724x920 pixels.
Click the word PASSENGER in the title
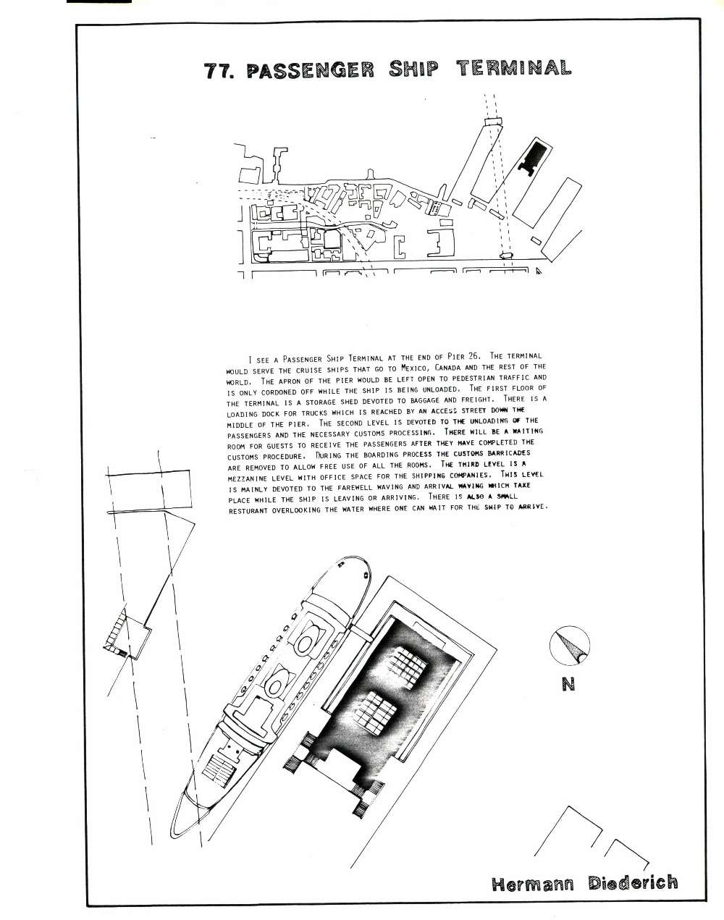311,69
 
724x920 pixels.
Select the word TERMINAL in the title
513,68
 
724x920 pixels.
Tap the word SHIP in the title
413,69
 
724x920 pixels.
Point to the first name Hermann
533,884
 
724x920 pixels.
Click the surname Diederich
633,882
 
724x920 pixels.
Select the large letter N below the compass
568,685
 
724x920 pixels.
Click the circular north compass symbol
569,646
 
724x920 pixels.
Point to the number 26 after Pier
473,355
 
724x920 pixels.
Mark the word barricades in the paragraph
509,452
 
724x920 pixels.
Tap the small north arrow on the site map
539,271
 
